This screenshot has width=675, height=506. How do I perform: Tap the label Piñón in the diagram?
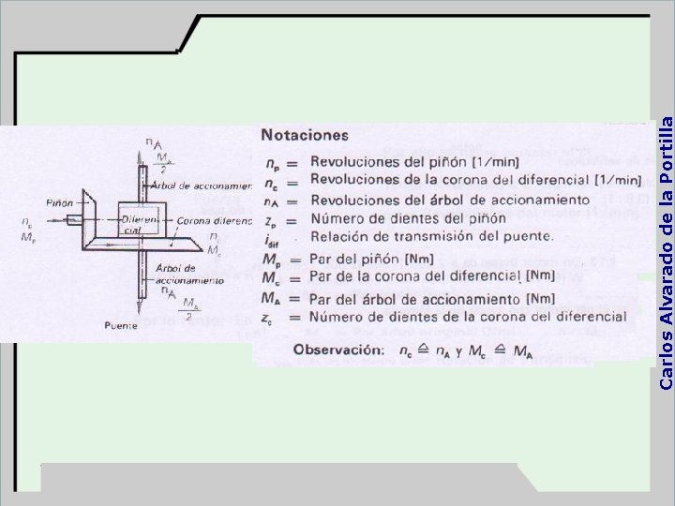(58, 202)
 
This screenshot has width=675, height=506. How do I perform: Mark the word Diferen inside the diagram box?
(139, 219)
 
